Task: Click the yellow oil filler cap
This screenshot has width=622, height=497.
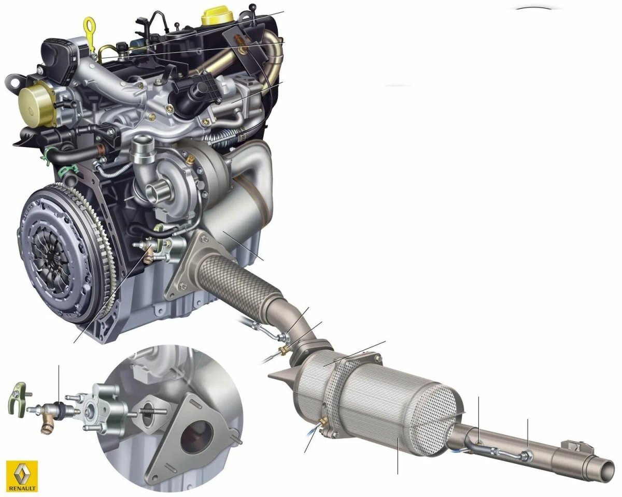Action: click(218, 17)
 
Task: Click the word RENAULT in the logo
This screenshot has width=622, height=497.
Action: click(22, 488)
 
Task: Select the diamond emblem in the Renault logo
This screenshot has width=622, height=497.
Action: click(22, 473)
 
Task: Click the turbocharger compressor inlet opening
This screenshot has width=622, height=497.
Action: click(155, 192)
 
